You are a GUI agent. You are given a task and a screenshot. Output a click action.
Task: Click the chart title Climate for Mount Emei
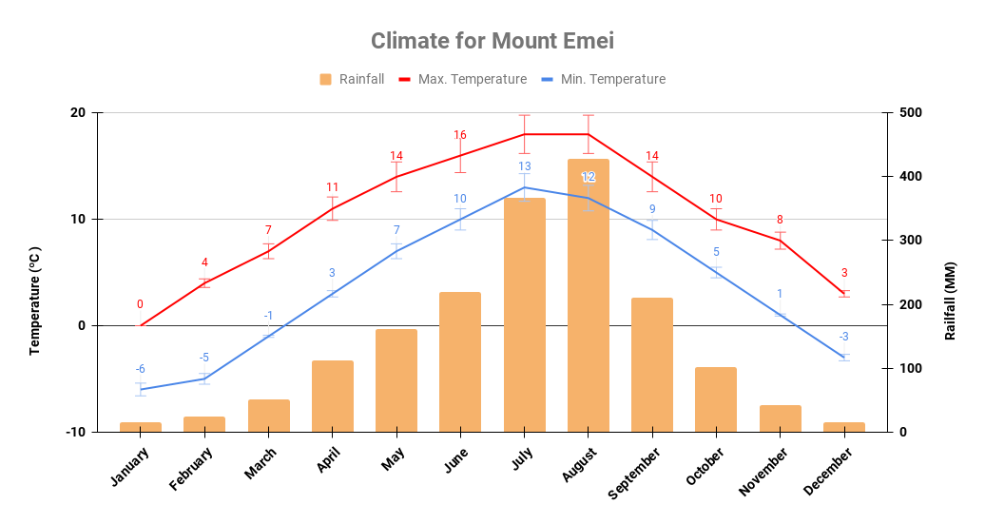point(492,41)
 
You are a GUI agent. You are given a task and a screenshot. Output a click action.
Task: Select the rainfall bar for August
point(589,295)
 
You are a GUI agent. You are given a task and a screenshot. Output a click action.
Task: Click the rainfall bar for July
point(525,315)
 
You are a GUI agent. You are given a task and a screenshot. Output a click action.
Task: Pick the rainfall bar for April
point(333,396)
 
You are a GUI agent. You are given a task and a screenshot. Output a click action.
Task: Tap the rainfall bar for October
point(716,399)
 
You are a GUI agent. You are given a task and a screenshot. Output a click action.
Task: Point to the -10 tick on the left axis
point(75,432)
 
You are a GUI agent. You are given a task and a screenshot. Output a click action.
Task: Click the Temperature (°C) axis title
point(35,301)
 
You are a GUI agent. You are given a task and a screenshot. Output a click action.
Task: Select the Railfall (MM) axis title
point(950,301)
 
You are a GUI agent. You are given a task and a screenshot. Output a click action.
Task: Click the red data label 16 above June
point(460,135)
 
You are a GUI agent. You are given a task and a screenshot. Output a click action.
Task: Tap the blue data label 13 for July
point(525,166)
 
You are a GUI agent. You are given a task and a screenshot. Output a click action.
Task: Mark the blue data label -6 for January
point(140,369)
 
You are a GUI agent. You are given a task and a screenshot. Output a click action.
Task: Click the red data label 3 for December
point(843,273)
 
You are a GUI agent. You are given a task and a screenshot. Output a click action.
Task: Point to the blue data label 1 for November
point(780,294)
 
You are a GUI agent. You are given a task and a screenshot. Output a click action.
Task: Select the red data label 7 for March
point(268,230)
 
